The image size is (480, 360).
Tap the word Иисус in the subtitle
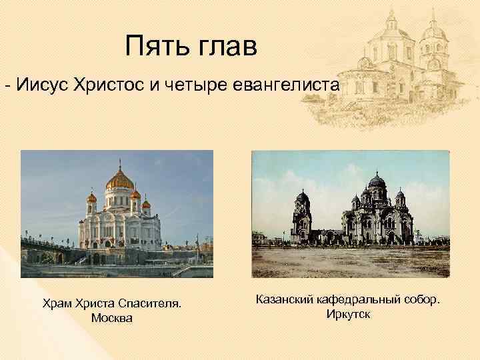coord(45,85)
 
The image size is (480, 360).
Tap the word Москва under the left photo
coord(111,318)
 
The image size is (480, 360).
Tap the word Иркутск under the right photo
coord(348,314)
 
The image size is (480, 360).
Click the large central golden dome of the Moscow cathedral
coord(119,178)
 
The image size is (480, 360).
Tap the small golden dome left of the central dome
coord(92,197)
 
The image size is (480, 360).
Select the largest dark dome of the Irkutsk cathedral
coord(376,181)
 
